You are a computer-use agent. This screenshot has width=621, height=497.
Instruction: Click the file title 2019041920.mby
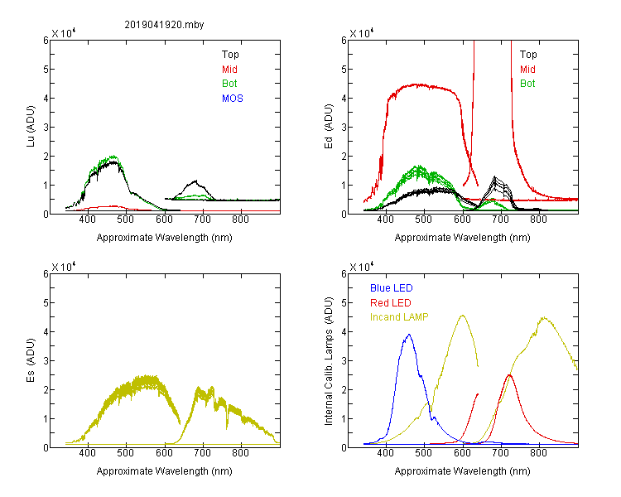(164, 25)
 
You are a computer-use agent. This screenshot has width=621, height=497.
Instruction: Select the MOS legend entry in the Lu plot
(233, 99)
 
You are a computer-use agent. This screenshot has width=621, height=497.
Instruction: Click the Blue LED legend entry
(392, 288)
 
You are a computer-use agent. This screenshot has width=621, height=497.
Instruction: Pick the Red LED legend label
(391, 303)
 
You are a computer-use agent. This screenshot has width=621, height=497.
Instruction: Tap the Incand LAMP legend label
(399, 317)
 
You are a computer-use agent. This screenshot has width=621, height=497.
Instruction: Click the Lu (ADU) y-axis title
(31, 127)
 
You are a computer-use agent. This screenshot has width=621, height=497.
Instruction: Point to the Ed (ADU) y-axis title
(329, 127)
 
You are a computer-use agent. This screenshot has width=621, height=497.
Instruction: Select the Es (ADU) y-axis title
(31, 359)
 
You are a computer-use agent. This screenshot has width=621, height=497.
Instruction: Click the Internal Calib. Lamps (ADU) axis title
(329, 361)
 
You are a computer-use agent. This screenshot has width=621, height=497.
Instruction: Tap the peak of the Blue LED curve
(409, 335)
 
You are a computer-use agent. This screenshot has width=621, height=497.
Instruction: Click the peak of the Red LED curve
(509, 375)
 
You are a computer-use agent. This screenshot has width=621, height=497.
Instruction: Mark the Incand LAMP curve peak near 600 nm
(462, 316)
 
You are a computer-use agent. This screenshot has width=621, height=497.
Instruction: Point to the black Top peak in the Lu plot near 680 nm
(195, 181)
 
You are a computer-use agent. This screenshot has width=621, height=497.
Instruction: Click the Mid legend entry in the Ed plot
(527, 70)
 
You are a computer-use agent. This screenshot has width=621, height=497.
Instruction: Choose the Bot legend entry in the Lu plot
(229, 84)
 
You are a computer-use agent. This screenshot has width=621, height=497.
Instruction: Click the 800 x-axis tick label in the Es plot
(240, 452)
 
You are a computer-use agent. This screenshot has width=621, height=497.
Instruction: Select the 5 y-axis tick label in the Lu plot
(46, 70)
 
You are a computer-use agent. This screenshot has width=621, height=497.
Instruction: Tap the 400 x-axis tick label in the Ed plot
(386, 220)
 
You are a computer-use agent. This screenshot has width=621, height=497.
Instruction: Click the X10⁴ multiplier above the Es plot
(64, 267)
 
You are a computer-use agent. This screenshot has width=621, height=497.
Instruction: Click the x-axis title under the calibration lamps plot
(462, 471)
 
